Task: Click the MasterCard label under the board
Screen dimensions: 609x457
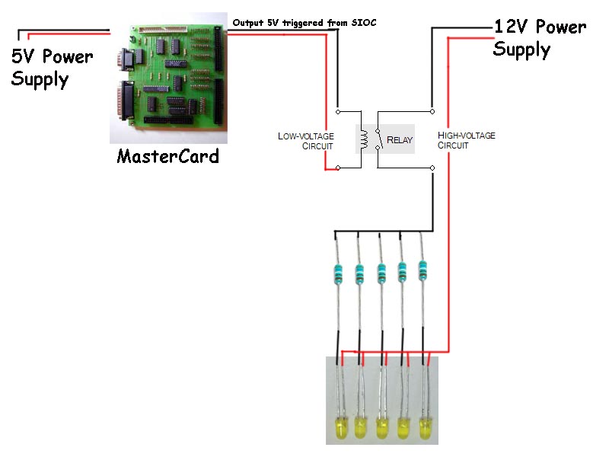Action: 167,156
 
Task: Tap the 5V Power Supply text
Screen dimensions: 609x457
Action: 52,68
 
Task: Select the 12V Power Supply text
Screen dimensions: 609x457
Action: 540,39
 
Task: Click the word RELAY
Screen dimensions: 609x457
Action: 399,140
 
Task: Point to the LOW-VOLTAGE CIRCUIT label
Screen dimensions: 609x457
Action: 306,141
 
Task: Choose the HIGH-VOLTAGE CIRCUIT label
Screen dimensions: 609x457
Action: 466,140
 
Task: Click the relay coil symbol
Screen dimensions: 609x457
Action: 365,139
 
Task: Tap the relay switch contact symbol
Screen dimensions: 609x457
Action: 378,139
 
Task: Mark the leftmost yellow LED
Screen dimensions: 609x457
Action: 340,428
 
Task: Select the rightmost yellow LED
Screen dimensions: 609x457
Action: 426,428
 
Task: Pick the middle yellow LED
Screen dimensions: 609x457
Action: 383,428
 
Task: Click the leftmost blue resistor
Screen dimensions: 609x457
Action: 339,274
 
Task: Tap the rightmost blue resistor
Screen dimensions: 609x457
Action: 422,270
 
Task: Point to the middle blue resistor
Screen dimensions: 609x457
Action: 381,274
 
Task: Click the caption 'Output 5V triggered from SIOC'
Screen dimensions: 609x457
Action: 304,23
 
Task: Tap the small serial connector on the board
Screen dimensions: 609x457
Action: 126,59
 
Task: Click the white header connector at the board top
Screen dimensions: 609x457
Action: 163,29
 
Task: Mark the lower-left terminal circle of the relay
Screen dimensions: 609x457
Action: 338,168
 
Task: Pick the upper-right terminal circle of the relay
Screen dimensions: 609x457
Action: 432,111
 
